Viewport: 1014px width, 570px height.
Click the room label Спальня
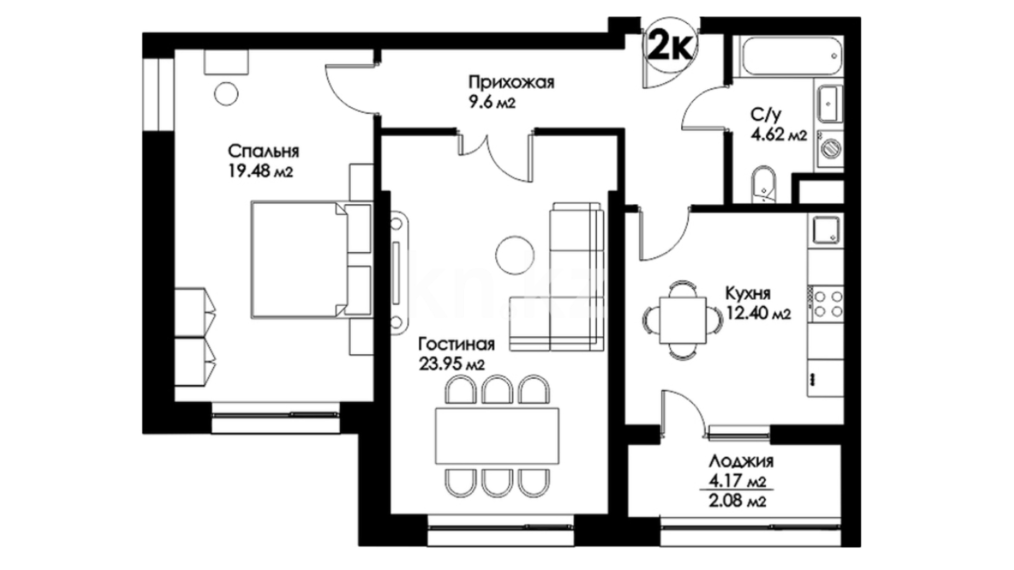pos(264,152)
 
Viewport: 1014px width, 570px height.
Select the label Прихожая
pos(511,83)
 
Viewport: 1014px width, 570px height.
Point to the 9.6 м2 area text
pos(492,102)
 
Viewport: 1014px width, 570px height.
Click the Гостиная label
pos(456,345)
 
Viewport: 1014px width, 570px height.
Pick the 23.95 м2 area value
pos(452,364)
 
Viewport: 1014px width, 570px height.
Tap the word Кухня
pos(748,293)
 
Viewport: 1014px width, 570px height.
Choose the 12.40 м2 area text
pos(758,315)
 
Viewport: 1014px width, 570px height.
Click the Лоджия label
pos(741,462)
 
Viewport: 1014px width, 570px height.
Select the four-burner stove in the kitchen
pos(828,303)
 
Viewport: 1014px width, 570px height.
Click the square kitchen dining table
pos(683,320)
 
